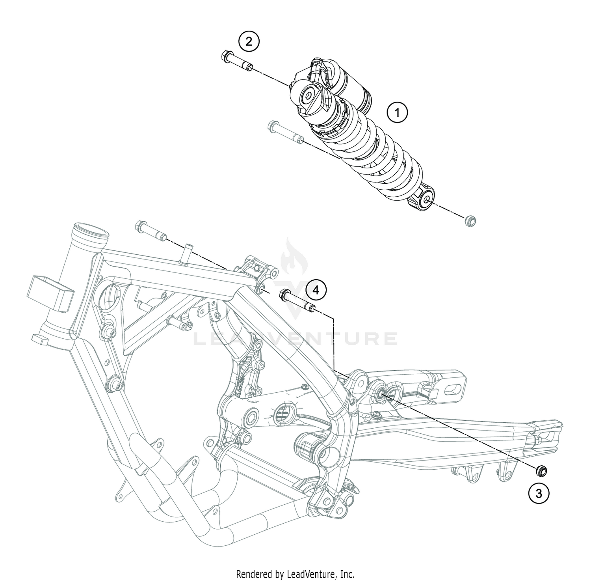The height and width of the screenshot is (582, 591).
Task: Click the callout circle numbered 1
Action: (x=397, y=113)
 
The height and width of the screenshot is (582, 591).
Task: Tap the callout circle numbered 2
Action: (x=249, y=41)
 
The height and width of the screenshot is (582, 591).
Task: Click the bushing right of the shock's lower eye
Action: (x=470, y=221)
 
